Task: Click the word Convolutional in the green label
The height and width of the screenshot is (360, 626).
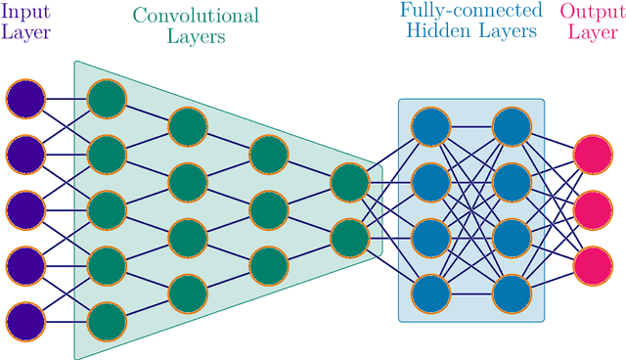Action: coord(196,16)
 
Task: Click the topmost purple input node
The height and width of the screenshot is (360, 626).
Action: coord(25,98)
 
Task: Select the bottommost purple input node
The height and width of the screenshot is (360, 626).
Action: coord(25,320)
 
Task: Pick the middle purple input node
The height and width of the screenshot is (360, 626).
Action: coord(25,208)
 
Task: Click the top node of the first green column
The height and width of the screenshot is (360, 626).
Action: coord(107,98)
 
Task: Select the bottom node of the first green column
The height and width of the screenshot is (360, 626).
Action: coord(107,320)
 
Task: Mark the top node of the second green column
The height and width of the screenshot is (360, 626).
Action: coord(188,125)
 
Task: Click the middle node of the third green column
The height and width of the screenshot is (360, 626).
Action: coord(269,208)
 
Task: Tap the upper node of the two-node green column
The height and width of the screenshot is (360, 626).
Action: coord(349,181)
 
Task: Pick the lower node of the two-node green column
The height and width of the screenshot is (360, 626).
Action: coord(349,237)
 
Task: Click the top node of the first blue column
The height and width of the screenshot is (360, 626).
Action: coord(429,125)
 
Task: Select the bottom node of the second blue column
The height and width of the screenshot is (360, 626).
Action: coord(511,292)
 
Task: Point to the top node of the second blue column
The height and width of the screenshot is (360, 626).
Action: coord(511,125)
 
